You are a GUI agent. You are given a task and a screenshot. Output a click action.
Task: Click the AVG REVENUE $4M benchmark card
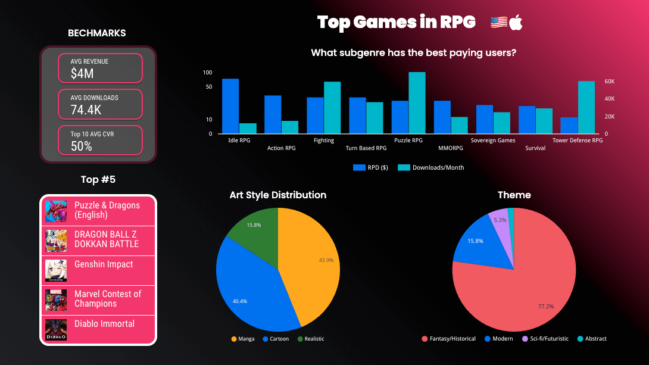click(100, 68)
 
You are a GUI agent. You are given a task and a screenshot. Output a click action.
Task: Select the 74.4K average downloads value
click(86, 110)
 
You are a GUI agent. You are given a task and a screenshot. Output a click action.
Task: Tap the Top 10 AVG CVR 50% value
click(81, 146)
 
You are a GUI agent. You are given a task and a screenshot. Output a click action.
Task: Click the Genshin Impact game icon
click(56, 270)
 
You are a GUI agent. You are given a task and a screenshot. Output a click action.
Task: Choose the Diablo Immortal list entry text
click(104, 324)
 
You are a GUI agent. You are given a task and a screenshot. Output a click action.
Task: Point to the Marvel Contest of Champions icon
click(56, 300)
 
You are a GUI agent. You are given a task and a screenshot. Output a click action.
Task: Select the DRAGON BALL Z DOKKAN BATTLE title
click(106, 239)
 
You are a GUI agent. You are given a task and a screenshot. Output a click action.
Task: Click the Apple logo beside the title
click(516, 23)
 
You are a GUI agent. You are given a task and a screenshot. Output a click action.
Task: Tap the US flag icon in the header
click(498, 23)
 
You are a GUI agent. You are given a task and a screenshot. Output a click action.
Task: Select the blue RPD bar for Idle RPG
click(230, 106)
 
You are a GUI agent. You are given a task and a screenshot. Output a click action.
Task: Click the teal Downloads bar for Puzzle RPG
click(417, 102)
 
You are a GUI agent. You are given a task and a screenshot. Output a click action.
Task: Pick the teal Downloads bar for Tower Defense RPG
click(586, 107)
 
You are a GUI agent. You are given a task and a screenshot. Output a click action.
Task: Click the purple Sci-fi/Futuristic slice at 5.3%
click(499, 222)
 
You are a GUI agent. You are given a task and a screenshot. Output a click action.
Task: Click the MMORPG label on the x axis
click(442, 148)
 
